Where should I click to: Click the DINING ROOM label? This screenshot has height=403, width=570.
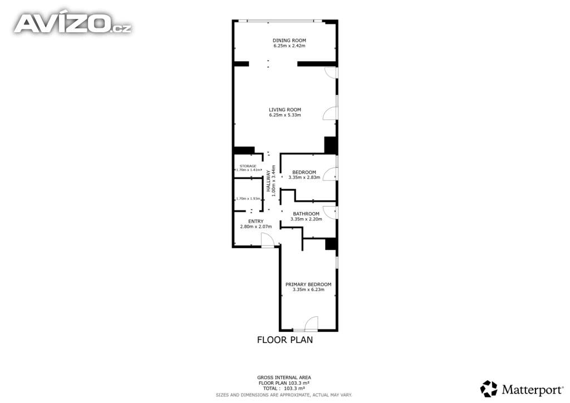click(x=289, y=40)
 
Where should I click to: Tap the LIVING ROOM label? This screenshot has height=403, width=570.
click(x=285, y=110)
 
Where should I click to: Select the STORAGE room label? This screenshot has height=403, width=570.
click(x=248, y=166)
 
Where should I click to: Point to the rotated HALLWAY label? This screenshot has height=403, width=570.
click(x=269, y=181)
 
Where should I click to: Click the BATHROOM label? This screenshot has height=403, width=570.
click(x=306, y=214)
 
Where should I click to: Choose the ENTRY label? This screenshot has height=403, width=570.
click(x=256, y=222)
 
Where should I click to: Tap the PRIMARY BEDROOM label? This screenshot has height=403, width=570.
click(x=308, y=284)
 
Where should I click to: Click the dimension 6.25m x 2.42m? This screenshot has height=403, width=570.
click(x=289, y=46)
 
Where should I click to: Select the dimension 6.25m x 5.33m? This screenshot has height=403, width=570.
click(x=285, y=115)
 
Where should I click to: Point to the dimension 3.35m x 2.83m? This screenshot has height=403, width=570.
click(x=304, y=178)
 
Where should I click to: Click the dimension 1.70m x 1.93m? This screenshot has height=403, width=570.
click(x=248, y=199)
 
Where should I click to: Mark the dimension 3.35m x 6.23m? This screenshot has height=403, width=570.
click(x=308, y=289)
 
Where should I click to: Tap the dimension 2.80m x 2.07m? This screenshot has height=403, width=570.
click(x=256, y=227)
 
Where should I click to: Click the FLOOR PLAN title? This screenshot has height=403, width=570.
click(x=285, y=340)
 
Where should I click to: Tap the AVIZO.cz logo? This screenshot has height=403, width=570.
click(x=72, y=23)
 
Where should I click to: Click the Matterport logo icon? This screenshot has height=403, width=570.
click(x=489, y=389)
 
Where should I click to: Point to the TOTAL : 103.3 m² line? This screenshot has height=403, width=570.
click(x=284, y=388)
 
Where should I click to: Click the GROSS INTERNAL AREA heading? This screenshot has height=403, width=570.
click(x=284, y=377)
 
